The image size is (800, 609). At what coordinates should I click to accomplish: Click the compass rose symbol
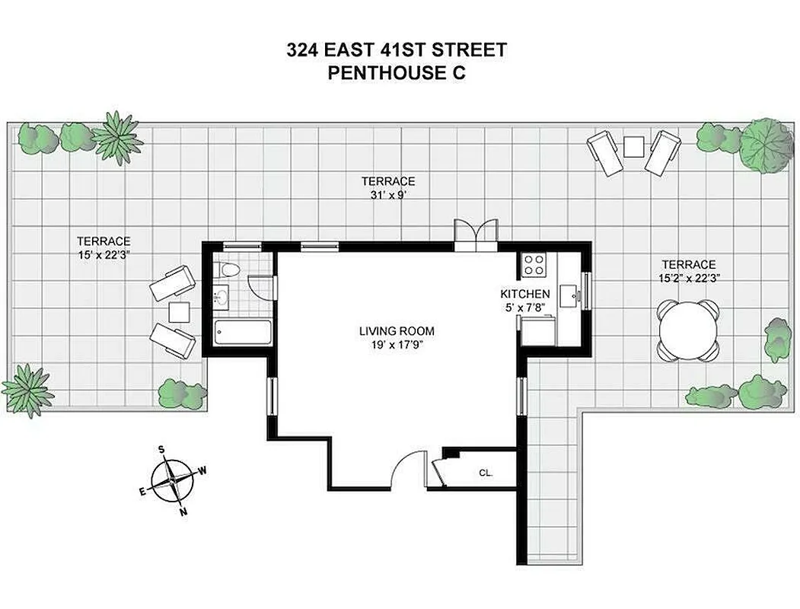(174, 481)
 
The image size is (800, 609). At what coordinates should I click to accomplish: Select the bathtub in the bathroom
(243, 333)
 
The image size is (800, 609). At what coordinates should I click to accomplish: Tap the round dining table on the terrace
(688, 330)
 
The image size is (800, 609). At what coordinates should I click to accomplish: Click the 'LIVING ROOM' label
(397, 331)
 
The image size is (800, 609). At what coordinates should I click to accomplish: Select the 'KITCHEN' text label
(524, 294)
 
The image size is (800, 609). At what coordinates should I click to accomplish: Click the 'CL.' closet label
(486, 473)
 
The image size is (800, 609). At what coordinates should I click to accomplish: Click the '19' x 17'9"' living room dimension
(397, 344)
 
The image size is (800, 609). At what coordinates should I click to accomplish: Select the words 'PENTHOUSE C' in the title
(397, 74)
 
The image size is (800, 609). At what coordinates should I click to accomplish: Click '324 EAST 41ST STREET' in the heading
(397, 51)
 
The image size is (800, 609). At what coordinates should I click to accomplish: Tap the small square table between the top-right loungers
(634, 145)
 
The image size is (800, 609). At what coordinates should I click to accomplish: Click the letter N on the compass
(183, 512)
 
